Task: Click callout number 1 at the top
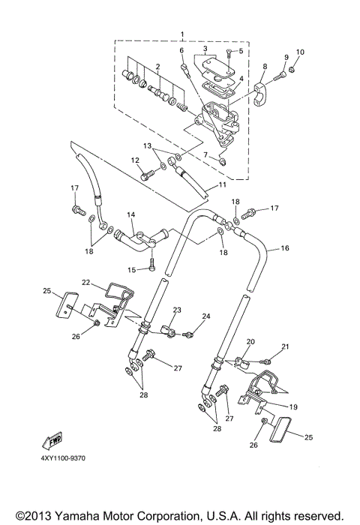[x=182, y=35]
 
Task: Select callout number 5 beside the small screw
[x=240, y=51]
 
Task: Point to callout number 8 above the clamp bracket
[x=264, y=67]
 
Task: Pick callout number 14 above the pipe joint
[x=131, y=213]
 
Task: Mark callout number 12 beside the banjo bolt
[x=136, y=160]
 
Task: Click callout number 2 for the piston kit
[x=157, y=66]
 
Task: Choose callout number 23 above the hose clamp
[x=177, y=310]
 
